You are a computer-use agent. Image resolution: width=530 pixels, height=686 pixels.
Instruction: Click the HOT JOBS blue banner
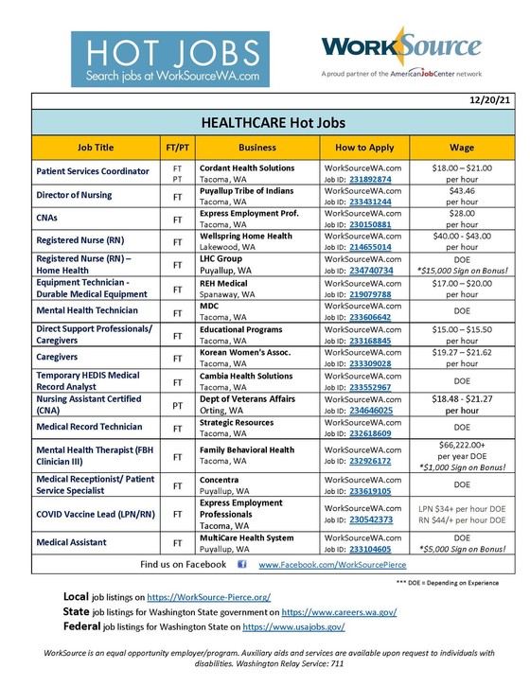click(170, 59)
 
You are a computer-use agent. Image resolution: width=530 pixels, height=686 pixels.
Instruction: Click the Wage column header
click(460, 148)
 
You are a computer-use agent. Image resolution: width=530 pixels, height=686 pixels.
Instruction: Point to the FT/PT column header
click(177, 148)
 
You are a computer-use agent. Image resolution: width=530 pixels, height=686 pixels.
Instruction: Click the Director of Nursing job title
click(75, 195)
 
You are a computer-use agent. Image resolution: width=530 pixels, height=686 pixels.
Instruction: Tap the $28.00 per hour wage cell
click(460, 219)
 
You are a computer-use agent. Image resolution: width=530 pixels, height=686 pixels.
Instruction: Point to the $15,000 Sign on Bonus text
click(460, 271)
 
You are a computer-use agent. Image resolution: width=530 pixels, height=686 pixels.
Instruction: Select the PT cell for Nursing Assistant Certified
click(177, 405)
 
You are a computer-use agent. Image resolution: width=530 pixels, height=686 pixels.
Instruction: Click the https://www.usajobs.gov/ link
click(293, 626)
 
